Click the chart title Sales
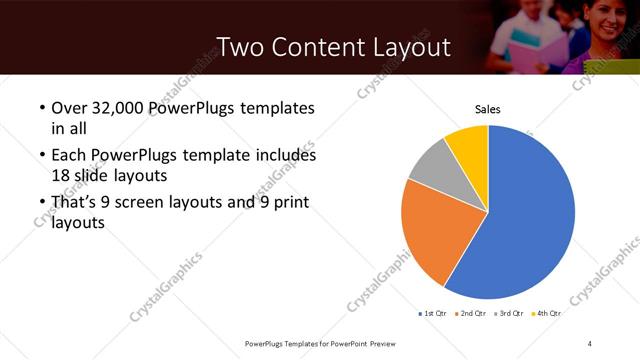click(x=487, y=109)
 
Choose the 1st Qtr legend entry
click(x=433, y=313)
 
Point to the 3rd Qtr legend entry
click(x=510, y=313)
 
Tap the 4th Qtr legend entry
click(x=546, y=313)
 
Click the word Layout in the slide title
click(x=404, y=48)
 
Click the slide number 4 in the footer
click(x=590, y=344)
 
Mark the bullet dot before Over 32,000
click(x=41, y=108)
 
